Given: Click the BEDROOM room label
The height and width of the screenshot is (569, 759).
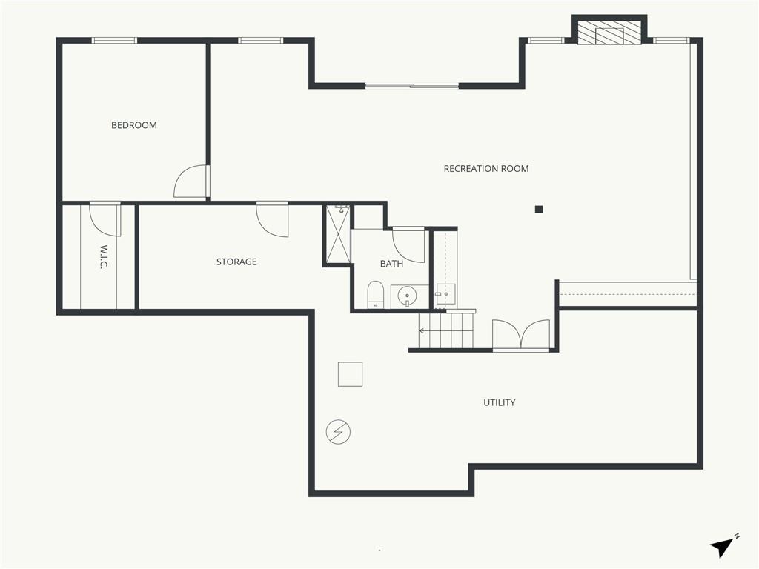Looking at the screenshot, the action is tap(134, 125).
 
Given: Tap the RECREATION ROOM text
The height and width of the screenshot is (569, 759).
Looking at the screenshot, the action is tap(486, 169).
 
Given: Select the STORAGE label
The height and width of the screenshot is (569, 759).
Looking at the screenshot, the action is tap(236, 262).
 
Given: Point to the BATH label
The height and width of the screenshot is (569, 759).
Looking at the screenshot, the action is tap(391, 264).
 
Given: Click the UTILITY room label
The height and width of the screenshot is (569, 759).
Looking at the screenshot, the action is tap(500, 402).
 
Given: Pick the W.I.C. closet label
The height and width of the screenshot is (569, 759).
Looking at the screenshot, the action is tap(103, 257).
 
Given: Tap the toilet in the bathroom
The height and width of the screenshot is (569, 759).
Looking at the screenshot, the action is tap(376, 295).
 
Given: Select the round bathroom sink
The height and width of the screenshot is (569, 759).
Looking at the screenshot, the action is tap(407, 295).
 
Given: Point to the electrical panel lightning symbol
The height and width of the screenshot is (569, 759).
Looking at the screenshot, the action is tap(338, 432).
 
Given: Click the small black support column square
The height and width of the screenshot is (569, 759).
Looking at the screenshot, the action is tap(539, 210).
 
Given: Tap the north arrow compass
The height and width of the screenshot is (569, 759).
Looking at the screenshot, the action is tap(723, 546).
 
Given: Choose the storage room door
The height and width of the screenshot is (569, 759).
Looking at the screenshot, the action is tap(273, 219).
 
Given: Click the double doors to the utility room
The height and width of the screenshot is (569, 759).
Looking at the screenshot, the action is tap(521, 334).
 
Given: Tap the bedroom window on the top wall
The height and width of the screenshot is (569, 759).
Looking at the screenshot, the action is tap(114, 41).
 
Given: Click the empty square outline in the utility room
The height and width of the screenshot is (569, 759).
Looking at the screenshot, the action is tap(350, 374).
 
